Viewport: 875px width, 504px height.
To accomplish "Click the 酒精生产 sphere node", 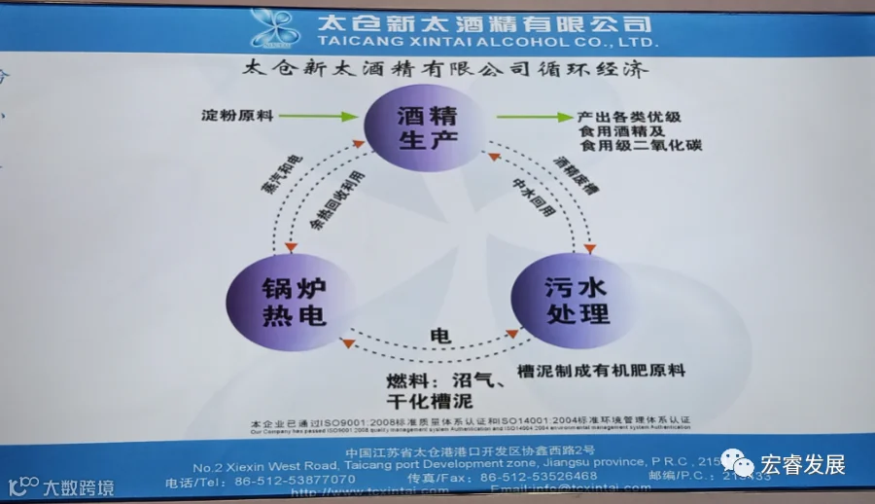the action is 425,128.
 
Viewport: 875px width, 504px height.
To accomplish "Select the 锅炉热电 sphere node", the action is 278,302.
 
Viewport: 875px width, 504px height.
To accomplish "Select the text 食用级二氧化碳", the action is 641,146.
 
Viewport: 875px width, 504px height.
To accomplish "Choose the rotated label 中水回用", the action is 524,191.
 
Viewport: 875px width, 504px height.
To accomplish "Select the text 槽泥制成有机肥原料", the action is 601,371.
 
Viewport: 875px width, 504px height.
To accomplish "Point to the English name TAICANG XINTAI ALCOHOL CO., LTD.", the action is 488,43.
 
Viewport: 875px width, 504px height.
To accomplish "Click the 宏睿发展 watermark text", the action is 802,464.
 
